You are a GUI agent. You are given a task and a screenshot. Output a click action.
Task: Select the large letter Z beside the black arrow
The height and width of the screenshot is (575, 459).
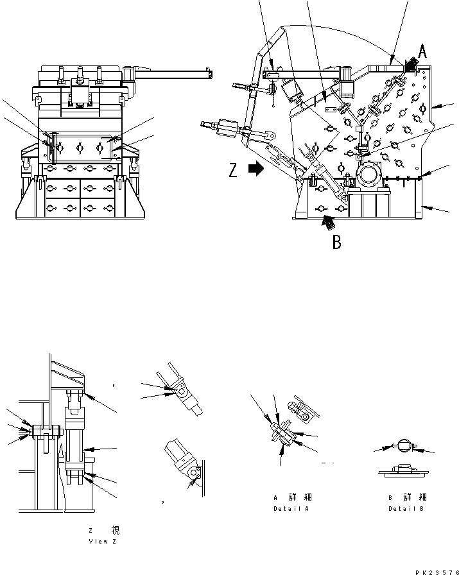[x=233, y=170]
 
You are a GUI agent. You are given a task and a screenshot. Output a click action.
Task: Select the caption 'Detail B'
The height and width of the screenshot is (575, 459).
[x=407, y=509]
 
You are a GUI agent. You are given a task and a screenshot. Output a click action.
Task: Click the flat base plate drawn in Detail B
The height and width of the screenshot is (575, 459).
[x=404, y=472]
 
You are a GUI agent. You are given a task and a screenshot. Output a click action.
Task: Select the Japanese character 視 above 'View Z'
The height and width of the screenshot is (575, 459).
[x=115, y=530]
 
